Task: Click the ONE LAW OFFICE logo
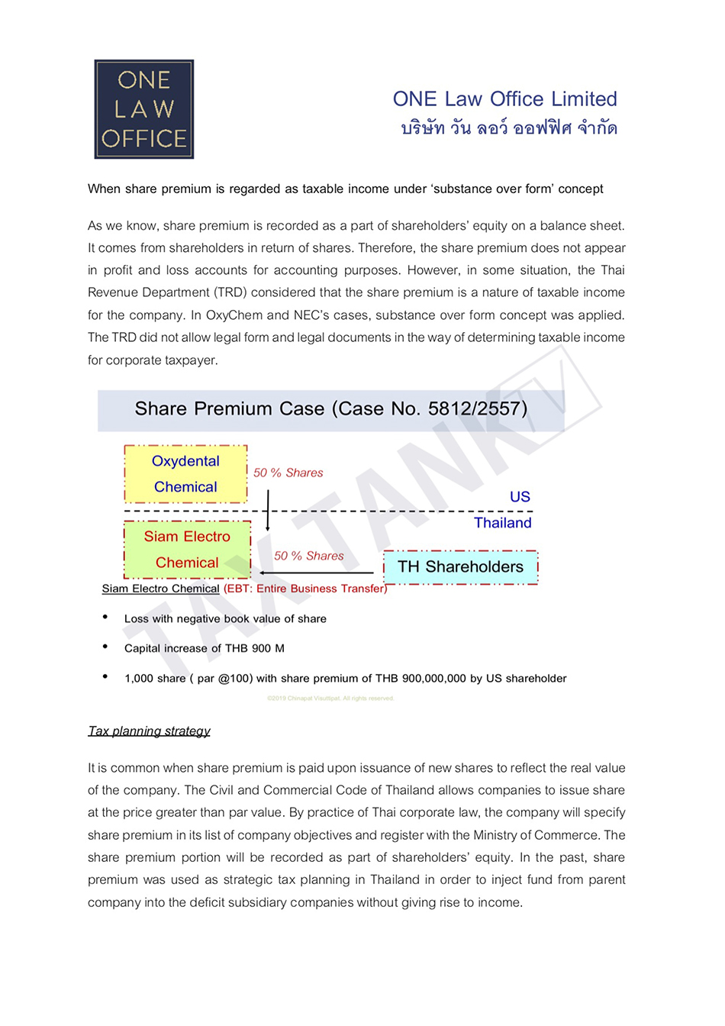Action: coord(143,109)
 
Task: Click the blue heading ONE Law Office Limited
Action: coord(504,99)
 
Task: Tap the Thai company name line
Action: coord(509,128)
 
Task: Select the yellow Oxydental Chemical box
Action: coord(185,474)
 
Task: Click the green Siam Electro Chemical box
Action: coord(187,550)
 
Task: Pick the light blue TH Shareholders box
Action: coord(460,567)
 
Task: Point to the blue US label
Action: coord(520,497)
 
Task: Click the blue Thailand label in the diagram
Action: coord(502,523)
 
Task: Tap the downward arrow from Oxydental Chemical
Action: coord(268,510)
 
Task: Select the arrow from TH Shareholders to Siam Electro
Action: coord(316,572)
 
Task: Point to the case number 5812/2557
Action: coord(477,409)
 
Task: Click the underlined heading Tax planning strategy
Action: coord(149,731)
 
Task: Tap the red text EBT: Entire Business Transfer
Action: coord(305,589)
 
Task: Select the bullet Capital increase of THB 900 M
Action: coord(204,649)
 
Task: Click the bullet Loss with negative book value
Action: coord(225,619)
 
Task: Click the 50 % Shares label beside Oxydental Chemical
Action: coord(288,473)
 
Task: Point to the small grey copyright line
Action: coord(330,699)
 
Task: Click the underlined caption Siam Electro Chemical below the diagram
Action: coord(160,589)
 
